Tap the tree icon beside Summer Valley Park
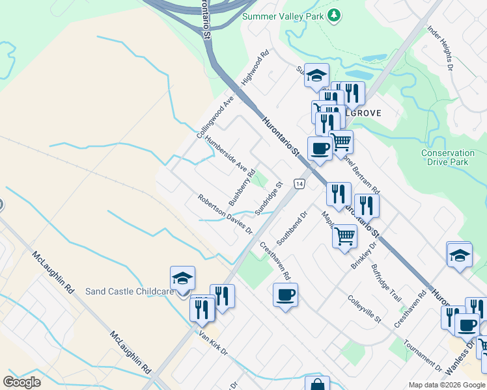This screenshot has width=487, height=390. pyautogui.click(x=333, y=15)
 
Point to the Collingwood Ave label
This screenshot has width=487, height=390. pyautogui.click(x=215, y=117)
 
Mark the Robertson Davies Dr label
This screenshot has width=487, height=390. pyautogui.click(x=225, y=214)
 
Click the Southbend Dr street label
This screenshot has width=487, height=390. pyautogui.click(x=291, y=228)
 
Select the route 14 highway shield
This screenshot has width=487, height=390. pyautogui.click(x=299, y=185)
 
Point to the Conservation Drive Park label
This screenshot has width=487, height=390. pyautogui.click(x=453, y=157)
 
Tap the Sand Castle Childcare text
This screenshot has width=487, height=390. pyautogui.click(x=130, y=291)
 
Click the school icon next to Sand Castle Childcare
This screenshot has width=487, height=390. pyautogui.click(x=182, y=279)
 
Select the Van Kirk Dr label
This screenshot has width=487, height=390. pyautogui.click(x=214, y=342)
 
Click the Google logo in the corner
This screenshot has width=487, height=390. pyautogui.click(x=21, y=382)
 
